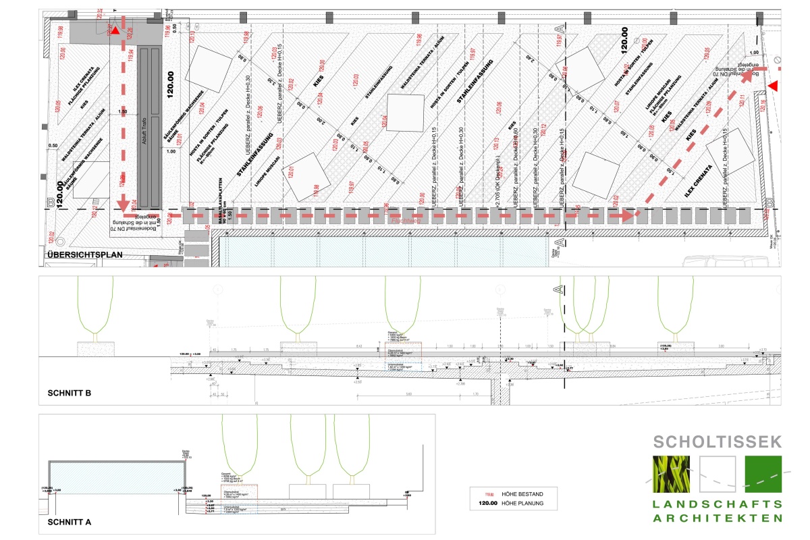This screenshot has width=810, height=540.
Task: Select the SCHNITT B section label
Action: click(69, 392)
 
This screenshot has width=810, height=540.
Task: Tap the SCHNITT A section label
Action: click(69, 522)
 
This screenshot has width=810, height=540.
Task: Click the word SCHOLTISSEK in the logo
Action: click(718, 442)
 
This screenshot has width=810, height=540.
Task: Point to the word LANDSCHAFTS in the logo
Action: click(718, 504)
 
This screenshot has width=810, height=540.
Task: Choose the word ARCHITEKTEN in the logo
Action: click(718, 518)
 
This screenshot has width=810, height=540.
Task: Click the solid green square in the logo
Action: click(763, 474)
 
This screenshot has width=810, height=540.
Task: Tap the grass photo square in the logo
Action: click(672, 474)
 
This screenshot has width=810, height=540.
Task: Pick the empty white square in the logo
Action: click(718, 474)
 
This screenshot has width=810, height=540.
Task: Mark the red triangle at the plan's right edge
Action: click(774, 85)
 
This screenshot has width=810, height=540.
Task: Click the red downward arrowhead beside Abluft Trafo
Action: click(123, 204)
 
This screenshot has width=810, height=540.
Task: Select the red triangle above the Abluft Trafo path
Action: click(116, 30)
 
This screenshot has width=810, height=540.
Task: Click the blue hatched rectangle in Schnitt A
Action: click(117, 475)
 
